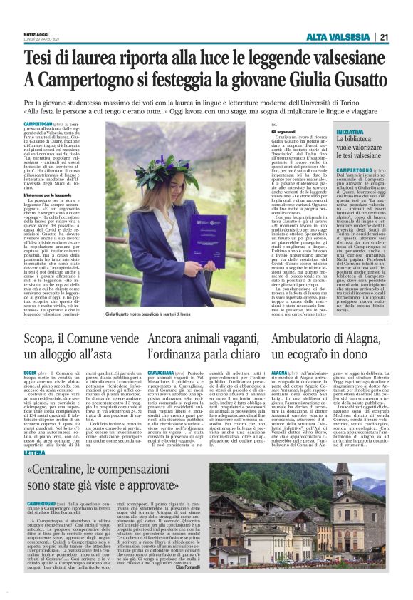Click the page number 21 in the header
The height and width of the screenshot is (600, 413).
[x=385, y=37]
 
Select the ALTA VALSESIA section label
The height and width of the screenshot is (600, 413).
[x=339, y=37]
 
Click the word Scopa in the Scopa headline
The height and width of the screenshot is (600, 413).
[x=43, y=318]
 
